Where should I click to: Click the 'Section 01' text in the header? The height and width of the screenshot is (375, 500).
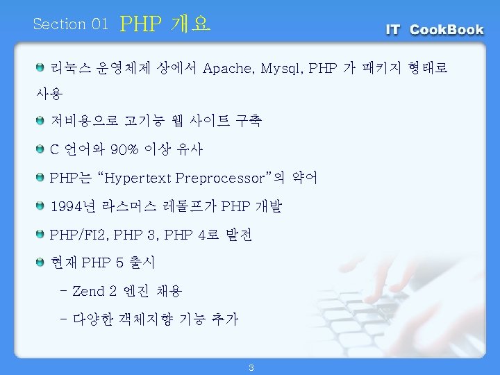click(x=70, y=24)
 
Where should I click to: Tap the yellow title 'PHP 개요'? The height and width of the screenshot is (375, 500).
click(x=165, y=24)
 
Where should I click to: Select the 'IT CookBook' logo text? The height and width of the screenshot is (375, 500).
click(x=435, y=30)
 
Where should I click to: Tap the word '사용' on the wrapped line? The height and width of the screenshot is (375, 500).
click(x=49, y=94)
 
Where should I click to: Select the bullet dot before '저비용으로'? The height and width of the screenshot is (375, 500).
click(x=40, y=121)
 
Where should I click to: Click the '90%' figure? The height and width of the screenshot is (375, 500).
click(x=124, y=149)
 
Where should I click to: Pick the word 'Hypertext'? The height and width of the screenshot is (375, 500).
click(x=137, y=178)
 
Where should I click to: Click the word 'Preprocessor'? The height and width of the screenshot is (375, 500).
click(x=220, y=178)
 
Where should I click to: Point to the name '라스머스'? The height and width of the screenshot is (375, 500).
click(x=129, y=206)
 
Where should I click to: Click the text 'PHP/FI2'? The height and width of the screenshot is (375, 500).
click(x=77, y=235)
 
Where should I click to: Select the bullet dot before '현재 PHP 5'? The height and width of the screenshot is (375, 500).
click(x=40, y=262)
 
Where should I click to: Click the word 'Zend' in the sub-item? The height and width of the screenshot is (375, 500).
click(x=88, y=291)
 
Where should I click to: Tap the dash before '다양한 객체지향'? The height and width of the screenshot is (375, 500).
click(x=63, y=319)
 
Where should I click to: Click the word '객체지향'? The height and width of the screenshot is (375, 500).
click(x=146, y=319)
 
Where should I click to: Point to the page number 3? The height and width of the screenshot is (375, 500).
click(x=251, y=367)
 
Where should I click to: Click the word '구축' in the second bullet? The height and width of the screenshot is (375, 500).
click(x=249, y=121)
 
